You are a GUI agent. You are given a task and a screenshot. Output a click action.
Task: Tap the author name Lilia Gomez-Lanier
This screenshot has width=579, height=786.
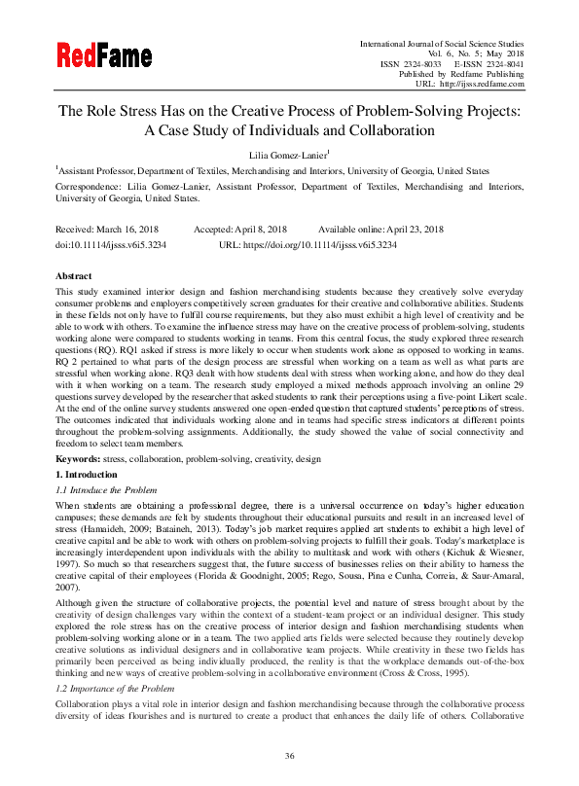click(288, 154)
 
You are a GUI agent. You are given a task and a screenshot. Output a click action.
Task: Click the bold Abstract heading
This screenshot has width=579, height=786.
click(74, 276)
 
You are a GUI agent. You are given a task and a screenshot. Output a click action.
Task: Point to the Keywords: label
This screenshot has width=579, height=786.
click(81, 457)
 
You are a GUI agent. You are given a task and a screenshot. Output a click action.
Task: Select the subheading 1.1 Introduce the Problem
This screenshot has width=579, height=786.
click(107, 489)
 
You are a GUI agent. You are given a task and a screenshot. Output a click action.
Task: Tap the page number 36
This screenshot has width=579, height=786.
click(289, 756)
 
